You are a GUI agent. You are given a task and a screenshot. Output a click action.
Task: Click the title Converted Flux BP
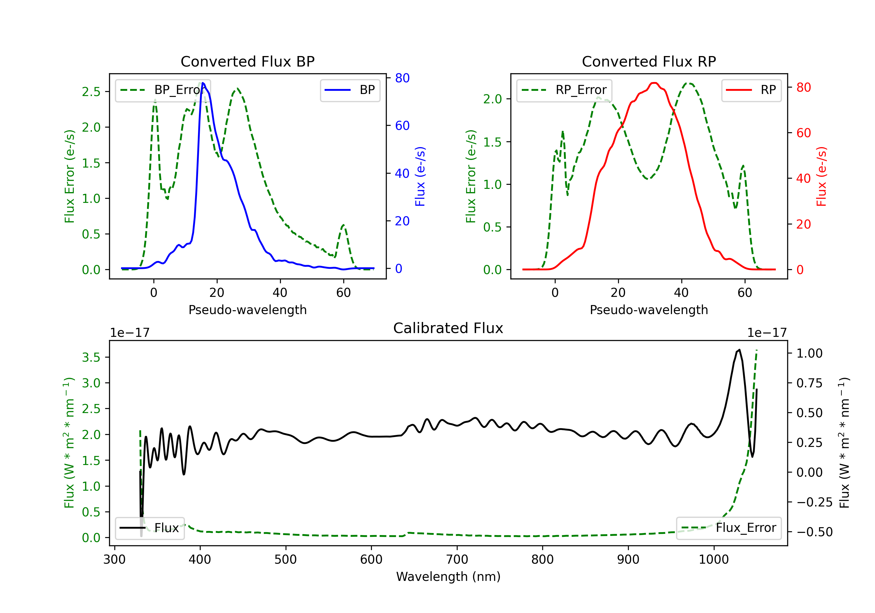[x=247, y=61]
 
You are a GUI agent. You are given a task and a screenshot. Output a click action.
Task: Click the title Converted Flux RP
[x=649, y=61]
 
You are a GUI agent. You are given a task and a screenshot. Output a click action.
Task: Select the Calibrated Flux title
[x=448, y=328]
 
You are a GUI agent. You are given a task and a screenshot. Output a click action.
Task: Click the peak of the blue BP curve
[x=203, y=83]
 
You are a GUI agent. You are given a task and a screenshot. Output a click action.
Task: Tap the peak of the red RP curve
[x=654, y=83]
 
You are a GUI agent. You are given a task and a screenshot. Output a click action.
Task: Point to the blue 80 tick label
[x=402, y=78]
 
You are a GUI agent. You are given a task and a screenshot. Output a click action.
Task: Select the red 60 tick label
[x=803, y=133]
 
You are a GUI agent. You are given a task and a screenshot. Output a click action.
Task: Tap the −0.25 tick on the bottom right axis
[x=814, y=502]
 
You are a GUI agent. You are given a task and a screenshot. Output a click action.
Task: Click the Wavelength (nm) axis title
[x=448, y=577]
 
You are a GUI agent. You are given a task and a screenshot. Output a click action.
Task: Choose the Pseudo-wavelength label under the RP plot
[x=649, y=310]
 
